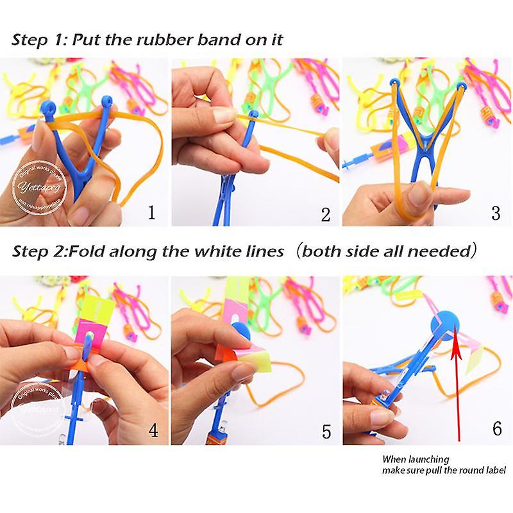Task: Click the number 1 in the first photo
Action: (151, 212)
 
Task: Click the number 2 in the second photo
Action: (326, 214)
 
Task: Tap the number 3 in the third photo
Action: (495, 212)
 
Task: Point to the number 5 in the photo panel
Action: (327, 432)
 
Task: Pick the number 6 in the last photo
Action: (497, 428)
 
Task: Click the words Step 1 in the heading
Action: (37, 40)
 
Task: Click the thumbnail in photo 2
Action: (224, 115)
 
